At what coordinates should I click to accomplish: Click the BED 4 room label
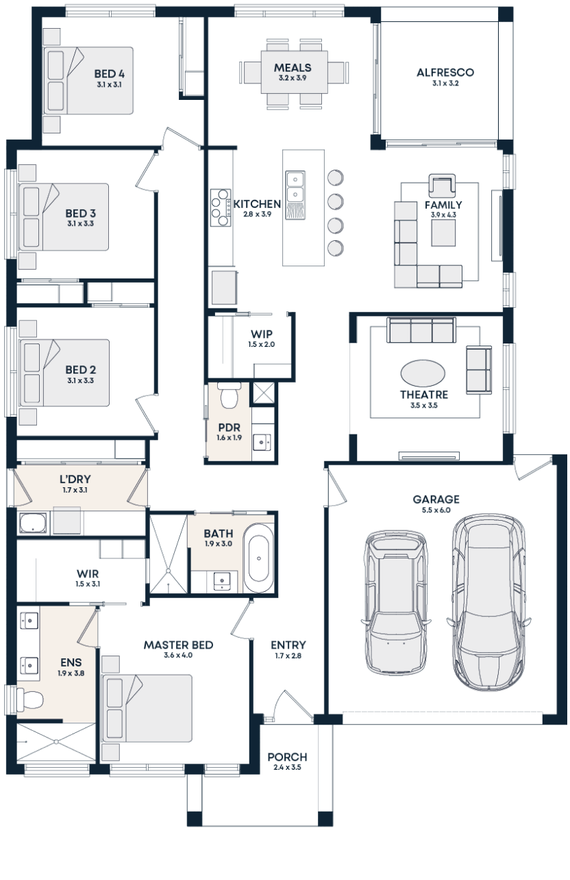pos(109,73)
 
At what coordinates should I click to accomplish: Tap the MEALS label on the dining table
pos(293,68)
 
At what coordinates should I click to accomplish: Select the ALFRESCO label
pos(445,72)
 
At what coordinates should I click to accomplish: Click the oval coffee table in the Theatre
pos(422,374)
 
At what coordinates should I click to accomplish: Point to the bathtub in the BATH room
pos(258,558)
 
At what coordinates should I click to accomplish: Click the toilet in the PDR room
pos(227,395)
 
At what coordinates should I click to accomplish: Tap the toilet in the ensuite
pos(29,699)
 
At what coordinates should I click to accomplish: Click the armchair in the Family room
pos(442,186)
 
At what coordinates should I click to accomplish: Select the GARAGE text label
pos(436,499)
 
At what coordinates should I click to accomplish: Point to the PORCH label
pos(287,758)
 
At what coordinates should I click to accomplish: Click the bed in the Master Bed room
pos(147,708)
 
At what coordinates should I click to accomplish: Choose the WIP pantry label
pos(262,335)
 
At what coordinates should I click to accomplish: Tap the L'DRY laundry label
pos(75,479)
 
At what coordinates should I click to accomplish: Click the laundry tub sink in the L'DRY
pos(34,523)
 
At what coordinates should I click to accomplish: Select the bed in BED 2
pos(65,372)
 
